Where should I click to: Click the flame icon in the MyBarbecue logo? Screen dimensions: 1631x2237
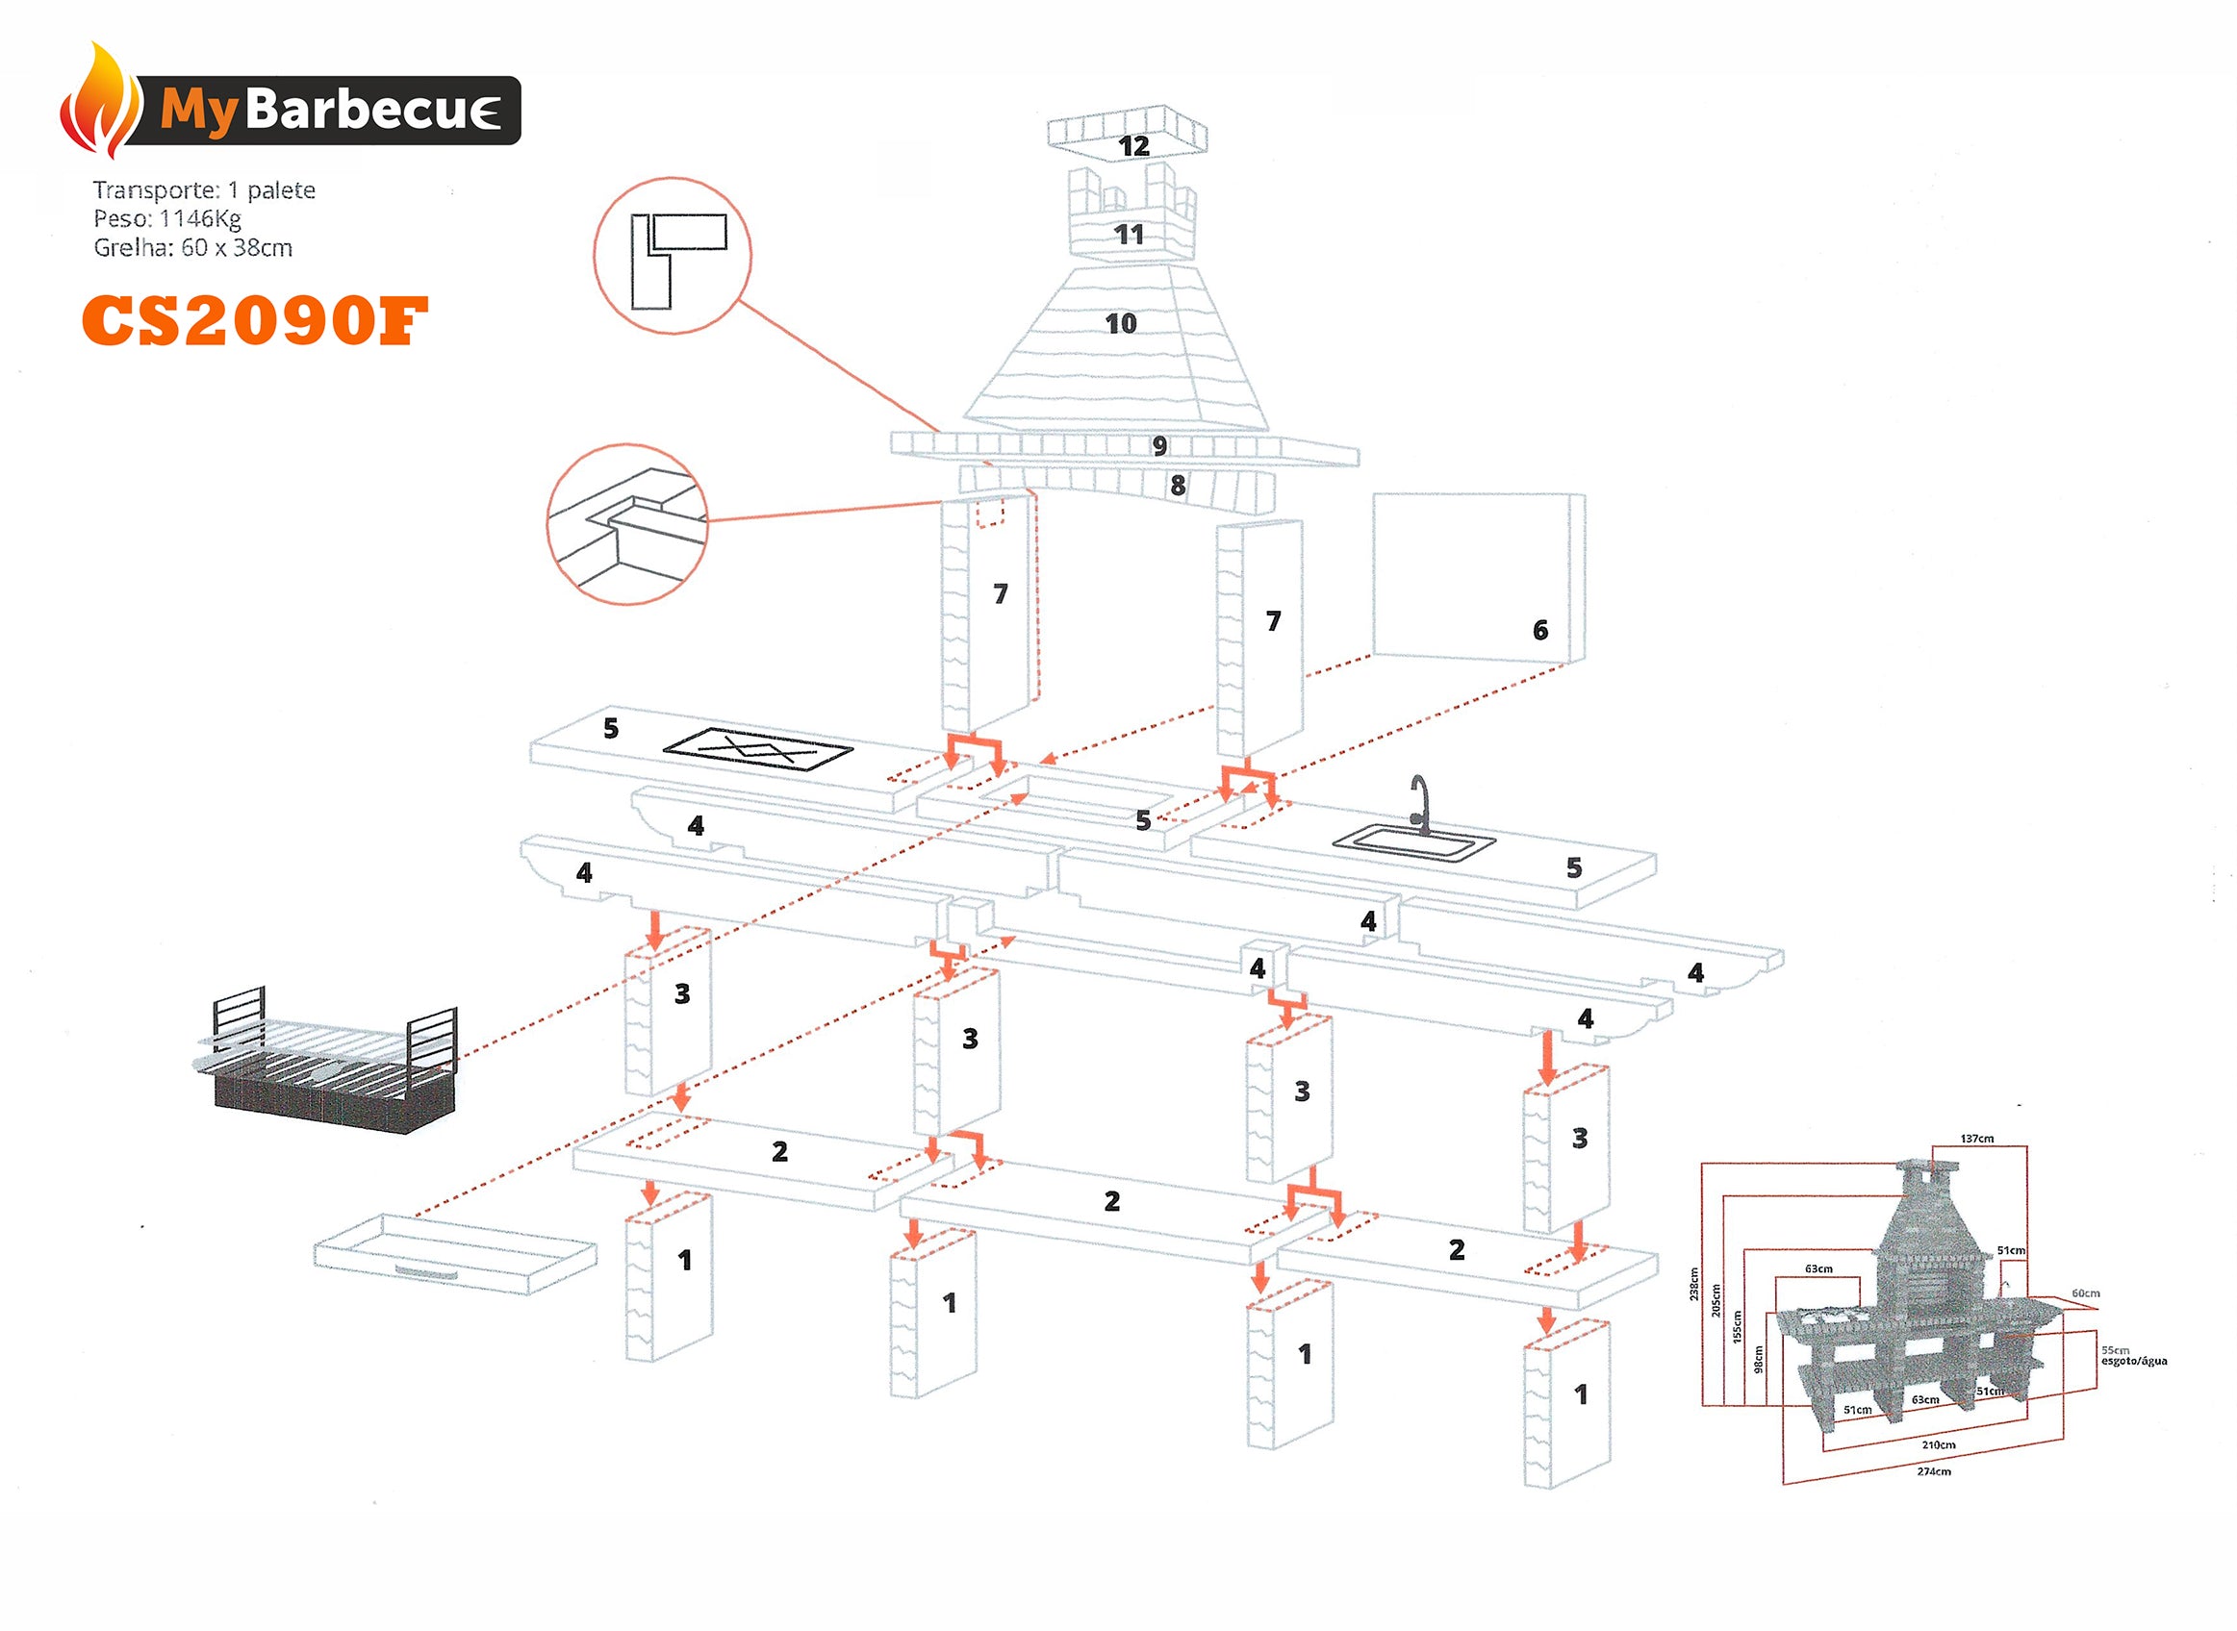[x=100, y=103]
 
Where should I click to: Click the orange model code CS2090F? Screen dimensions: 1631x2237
[x=254, y=322]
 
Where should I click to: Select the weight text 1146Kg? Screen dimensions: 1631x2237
[x=200, y=218]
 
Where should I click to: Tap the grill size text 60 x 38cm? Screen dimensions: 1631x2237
[x=236, y=248]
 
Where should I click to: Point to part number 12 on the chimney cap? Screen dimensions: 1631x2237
[x=1132, y=147]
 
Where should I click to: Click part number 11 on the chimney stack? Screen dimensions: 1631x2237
[x=1129, y=235]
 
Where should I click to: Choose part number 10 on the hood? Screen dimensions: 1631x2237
[x=1120, y=324]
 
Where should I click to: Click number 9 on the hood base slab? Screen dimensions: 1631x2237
[x=1159, y=446]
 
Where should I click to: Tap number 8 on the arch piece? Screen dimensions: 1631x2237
[x=1178, y=486]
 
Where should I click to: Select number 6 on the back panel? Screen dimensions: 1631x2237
[x=1539, y=630]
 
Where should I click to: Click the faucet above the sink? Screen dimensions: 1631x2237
[x=1419, y=801]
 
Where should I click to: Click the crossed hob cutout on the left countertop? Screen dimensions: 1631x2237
[x=756, y=751]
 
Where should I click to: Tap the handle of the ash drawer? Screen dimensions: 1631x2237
[x=426, y=1271]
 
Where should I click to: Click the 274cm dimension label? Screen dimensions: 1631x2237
[x=1933, y=1472]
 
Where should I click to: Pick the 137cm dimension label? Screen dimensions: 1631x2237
[x=1976, y=1140]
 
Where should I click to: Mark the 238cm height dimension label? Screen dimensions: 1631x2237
[x=1693, y=1284]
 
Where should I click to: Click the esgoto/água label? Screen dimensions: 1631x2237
[x=2133, y=1362]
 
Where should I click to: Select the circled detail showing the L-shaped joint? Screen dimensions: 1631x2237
[x=672, y=256]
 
